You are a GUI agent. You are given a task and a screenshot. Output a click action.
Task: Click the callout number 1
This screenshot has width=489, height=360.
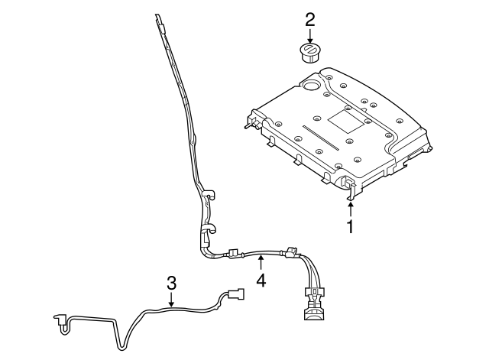pos(351,226)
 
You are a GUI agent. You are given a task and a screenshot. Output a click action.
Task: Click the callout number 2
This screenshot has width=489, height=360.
pos(309,19)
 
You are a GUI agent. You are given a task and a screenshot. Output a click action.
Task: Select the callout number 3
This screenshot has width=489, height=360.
pos(171,283)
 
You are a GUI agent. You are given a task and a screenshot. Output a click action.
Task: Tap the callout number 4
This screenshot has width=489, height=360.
pos(261,281)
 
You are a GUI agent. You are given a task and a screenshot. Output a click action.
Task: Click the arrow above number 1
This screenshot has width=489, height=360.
pos(351,207)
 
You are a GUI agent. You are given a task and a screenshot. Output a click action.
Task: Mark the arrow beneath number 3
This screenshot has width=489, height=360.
pos(171,300)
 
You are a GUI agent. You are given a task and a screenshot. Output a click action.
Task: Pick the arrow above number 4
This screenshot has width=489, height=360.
pos(261,264)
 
